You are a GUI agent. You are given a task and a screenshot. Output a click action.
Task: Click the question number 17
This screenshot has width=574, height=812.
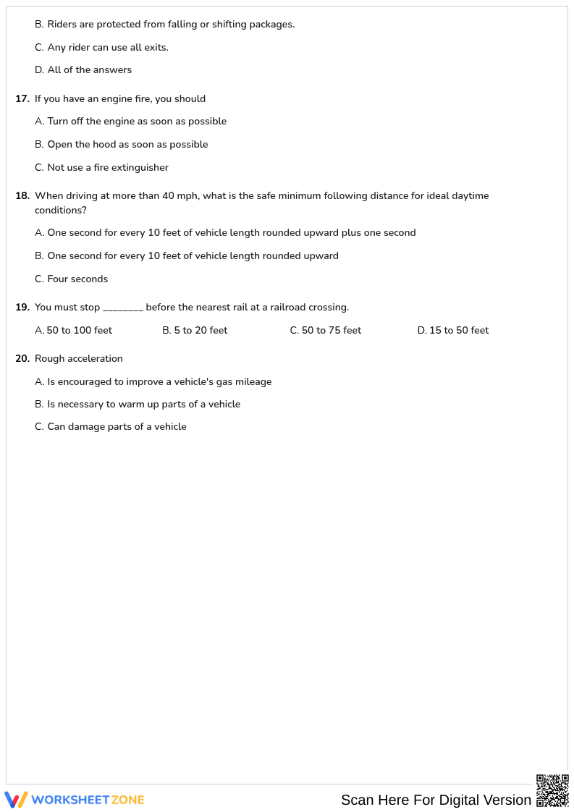pyautogui.click(x=22, y=99)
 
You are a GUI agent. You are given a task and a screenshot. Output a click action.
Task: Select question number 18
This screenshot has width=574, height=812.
pyautogui.click(x=22, y=196)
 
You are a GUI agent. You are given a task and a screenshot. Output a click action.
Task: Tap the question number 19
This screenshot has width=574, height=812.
pyautogui.click(x=22, y=308)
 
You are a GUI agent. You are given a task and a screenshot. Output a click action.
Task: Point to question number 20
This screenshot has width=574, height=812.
pyautogui.click(x=22, y=359)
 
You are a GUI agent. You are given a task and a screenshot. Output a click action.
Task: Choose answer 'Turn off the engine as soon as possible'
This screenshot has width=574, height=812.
pyautogui.click(x=136, y=122)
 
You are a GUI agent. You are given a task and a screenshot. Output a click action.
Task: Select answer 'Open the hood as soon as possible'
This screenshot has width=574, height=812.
pyautogui.click(x=127, y=145)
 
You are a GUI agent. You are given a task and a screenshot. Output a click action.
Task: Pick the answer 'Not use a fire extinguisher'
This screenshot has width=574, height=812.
pyautogui.click(x=107, y=168)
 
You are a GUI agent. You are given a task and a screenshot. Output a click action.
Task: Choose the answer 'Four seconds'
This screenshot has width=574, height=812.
pyautogui.click(x=77, y=279)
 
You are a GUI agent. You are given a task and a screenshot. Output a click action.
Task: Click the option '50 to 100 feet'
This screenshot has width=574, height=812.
pyautogui.click(x=79, y=331)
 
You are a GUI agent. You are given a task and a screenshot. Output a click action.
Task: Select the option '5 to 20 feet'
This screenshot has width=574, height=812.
pyautogui.click(x=200, y=331)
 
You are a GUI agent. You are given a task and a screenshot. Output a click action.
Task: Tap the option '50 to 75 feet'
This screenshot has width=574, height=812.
pyautogui.click(x=331, y=331)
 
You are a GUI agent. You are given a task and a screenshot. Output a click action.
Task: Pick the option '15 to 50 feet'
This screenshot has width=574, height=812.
pyautogui.click(x=458, y=331)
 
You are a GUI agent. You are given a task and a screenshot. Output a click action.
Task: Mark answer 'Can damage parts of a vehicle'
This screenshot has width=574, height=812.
pyautogui.click(x=117, y=427)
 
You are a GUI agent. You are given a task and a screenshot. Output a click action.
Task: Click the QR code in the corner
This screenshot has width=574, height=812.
pyautogui.click(x=552, y=790)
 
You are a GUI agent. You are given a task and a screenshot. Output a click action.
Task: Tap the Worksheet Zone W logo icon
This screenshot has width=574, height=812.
pyautogui.click(x=16, y=800)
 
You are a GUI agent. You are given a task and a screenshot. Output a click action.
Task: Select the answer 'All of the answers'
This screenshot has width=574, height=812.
pyautogui.click(x=89, y=70)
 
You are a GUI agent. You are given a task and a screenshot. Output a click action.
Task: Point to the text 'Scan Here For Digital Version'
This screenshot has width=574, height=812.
pyautogui.click(x=436, y=800)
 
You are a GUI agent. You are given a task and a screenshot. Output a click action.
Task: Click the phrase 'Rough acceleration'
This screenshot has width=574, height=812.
pyautogui.click(x=79, y=359)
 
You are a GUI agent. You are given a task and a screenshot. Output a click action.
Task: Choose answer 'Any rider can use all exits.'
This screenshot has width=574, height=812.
pyautogui.click(x=107, y=48)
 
